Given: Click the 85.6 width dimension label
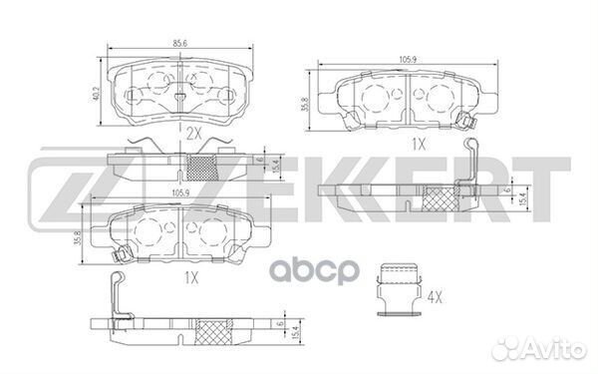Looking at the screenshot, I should pos(179,43).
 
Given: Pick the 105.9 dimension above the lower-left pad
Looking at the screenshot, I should pos(181,193).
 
